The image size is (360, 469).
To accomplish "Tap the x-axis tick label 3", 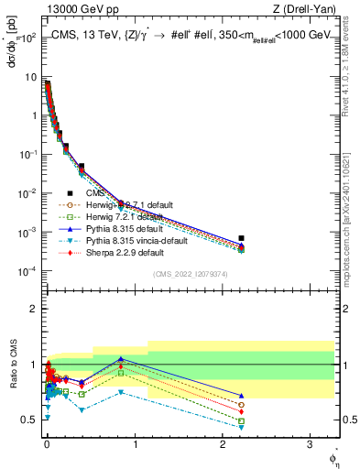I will point(310,442).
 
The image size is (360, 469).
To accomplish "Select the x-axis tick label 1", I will point(135,442).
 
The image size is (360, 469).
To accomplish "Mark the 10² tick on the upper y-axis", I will point(28,38).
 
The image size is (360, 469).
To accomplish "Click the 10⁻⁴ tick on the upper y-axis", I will point(28,271).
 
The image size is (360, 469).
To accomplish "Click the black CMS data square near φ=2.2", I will point(241,238).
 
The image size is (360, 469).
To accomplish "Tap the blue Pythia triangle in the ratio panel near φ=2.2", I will point(241,396).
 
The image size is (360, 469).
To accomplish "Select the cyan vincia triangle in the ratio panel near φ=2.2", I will point(241,427).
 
